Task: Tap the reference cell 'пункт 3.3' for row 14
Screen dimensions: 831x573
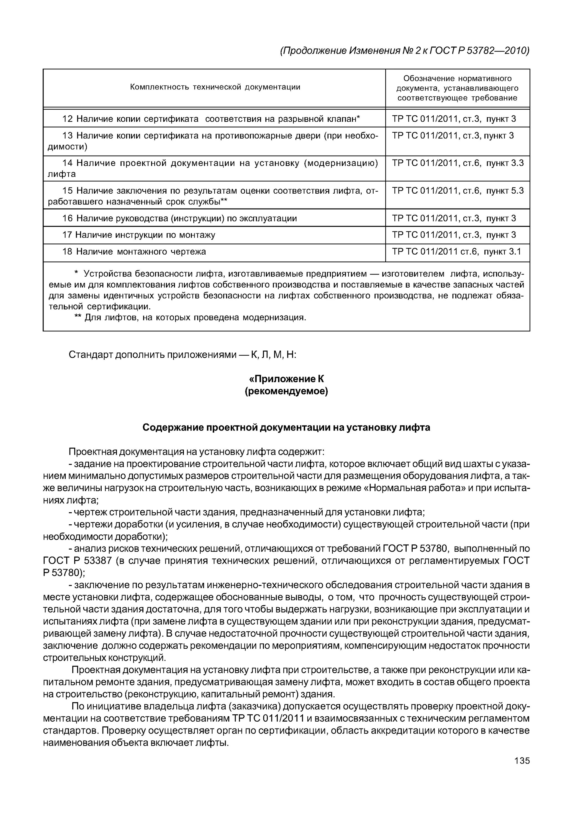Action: (x=505, y=163)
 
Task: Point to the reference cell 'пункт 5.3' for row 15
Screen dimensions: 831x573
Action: (x=505, y=191)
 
